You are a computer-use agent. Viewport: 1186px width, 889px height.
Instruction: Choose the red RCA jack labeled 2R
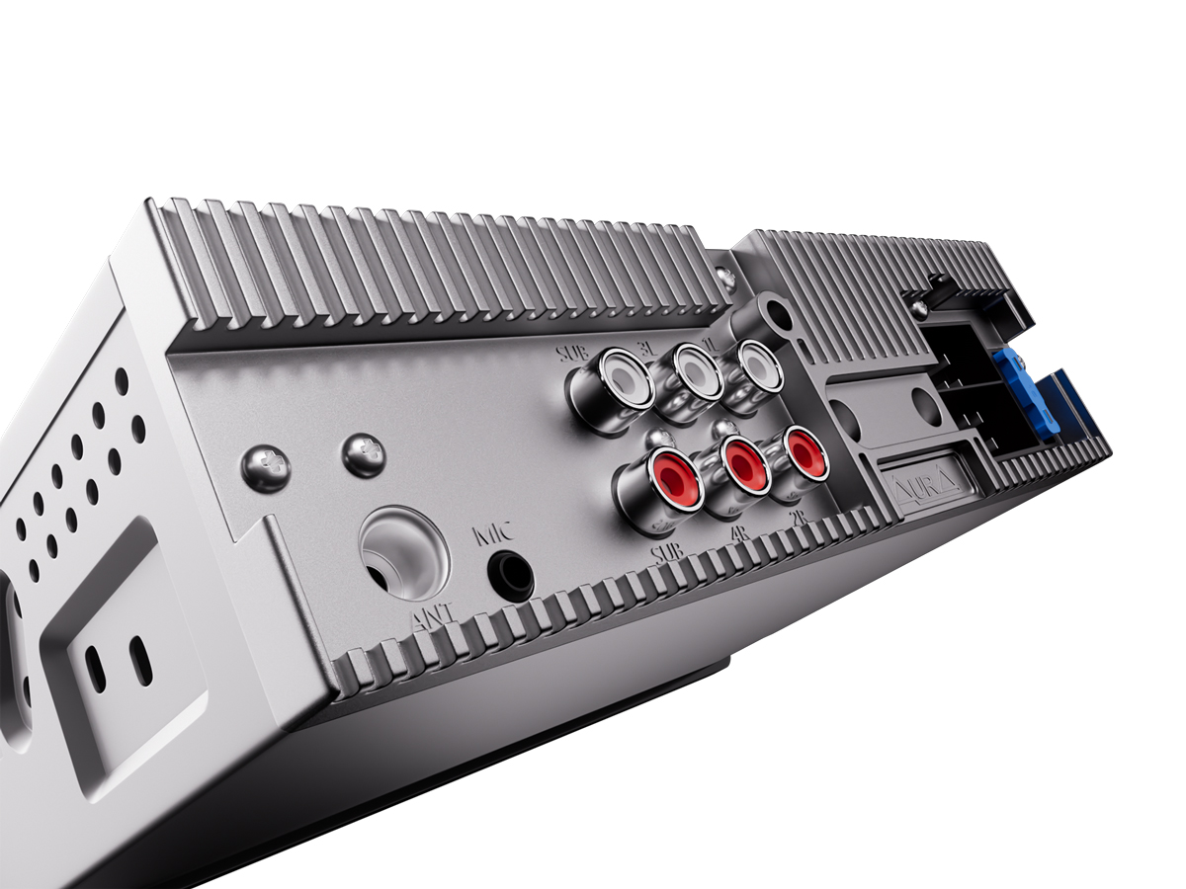(x=801, y=452)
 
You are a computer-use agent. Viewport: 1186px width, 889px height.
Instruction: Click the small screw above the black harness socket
(x=919, y=308)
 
